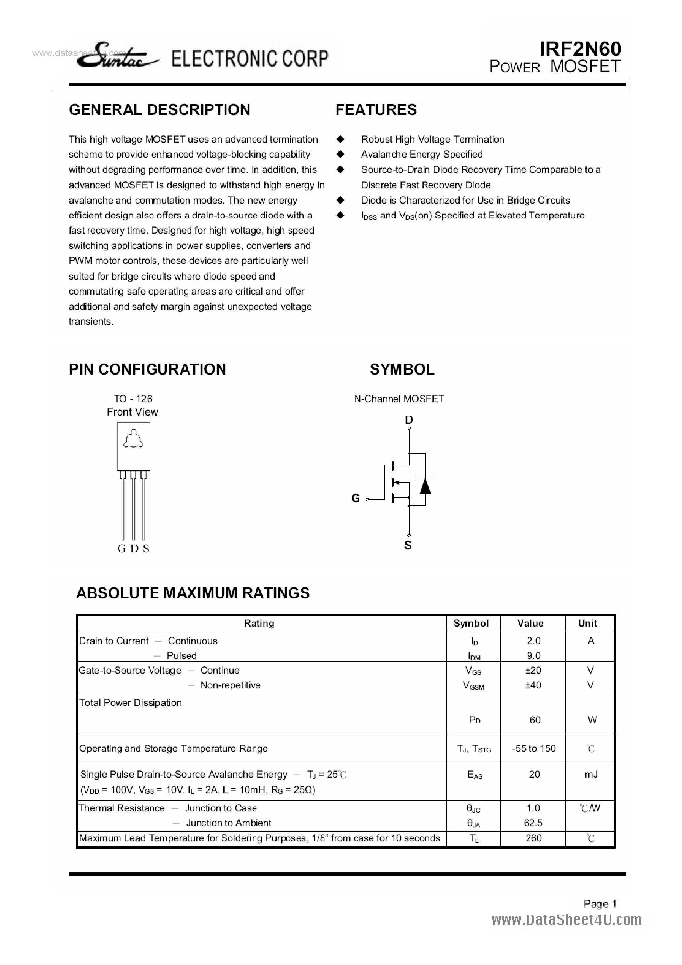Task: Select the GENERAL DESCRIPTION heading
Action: coord(159,110)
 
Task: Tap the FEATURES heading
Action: coord(376,110)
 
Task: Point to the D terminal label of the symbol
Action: coord(409,420)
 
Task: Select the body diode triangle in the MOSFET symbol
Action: coord(425,486)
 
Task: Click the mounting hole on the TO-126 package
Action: coord(133,440)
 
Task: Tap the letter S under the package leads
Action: coord(146,549)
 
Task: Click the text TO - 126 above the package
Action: coord(133,399)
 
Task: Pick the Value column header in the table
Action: coord(530,623)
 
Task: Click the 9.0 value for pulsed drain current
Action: coord(533,656)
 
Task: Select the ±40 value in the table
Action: coord(533,685)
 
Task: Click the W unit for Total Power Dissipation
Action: coord(592,720)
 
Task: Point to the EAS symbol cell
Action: coord(474,775)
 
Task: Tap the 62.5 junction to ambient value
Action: coord(533,823)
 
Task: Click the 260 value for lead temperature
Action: coord(533,838)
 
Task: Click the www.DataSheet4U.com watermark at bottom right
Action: coord(566,920)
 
